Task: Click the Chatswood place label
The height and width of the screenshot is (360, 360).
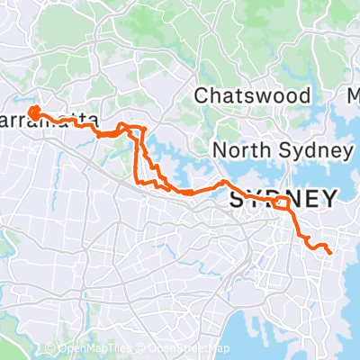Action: click(x=253, y=95)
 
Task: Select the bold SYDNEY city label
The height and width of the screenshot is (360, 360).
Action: click(x=284, y=200)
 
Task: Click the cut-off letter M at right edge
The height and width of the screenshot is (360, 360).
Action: click(x=353, y=95)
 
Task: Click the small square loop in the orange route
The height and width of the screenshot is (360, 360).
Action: click(x=282, y=202)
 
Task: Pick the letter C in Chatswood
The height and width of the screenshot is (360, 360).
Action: click(x=202, y=95)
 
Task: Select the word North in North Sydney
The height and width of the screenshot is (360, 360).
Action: click(x=241, y=150)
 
